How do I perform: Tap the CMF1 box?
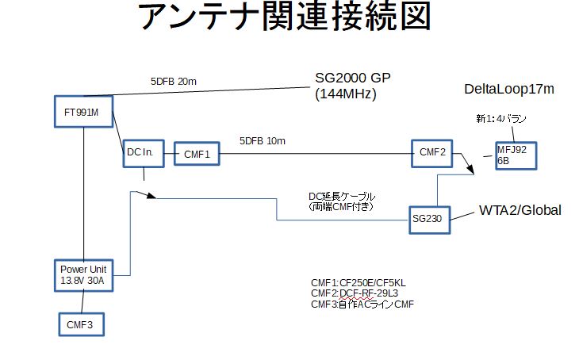(196, 153)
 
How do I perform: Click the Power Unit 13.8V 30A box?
(82, 274)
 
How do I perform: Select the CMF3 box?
(82, 324)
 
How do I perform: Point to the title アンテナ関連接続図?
(288, 19)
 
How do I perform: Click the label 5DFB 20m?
(174, 81)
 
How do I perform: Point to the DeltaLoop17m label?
(508, 89)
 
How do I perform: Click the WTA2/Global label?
(520, 210)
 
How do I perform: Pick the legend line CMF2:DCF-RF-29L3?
(354, 293)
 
